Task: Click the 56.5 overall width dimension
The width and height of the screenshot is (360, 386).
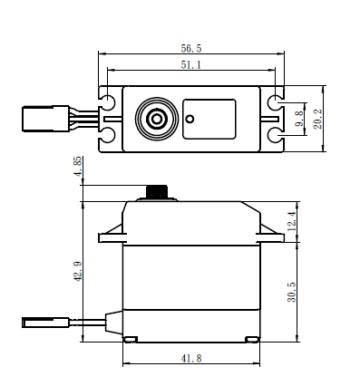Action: click(191, 48)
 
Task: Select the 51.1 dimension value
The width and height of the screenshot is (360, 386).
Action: click(191, 64)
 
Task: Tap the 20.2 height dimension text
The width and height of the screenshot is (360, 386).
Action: click(317, 119)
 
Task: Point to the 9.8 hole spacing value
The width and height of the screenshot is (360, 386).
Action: click(298, 119)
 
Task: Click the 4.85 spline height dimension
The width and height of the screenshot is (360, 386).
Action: click(78, 167)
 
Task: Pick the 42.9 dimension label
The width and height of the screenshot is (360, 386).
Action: click(78, 272)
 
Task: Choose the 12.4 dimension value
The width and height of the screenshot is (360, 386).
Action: click(292, 221)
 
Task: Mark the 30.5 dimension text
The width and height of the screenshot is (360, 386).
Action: click(292, 292)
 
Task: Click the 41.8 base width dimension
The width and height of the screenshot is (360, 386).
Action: click(191, 359)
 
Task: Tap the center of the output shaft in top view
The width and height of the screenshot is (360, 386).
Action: click(157, 119)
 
